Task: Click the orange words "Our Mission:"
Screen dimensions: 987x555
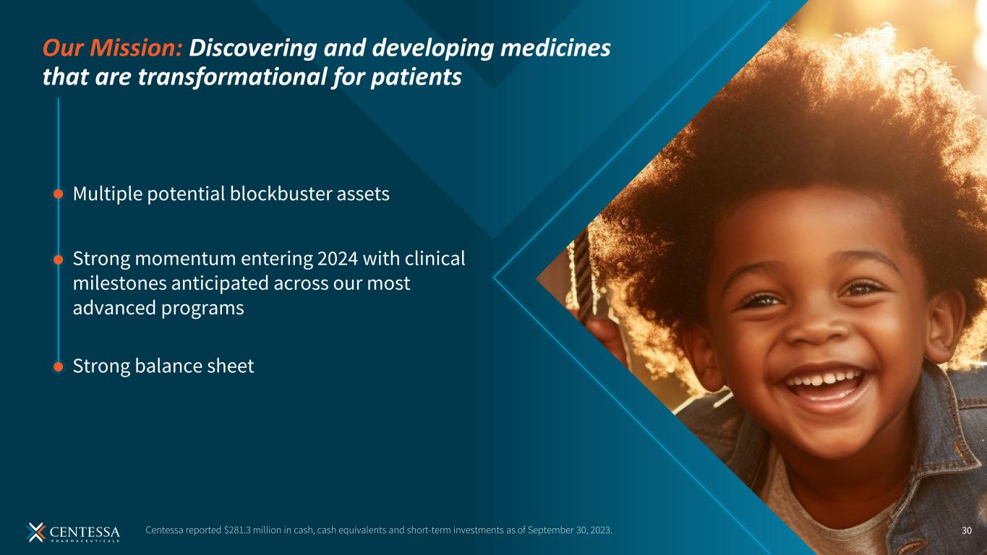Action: pos(112,48)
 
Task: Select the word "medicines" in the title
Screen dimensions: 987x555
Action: pos(555,48)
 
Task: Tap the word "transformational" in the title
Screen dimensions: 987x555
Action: pos(232,77)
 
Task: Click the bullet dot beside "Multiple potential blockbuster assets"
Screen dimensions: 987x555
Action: pos(58,194)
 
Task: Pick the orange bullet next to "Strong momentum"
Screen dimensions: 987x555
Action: pos(58,260)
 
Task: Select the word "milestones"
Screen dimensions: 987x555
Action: pos(119,283)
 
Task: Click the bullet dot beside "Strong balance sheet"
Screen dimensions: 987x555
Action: pos(58,366)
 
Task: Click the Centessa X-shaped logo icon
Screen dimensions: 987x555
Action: pos(35,532)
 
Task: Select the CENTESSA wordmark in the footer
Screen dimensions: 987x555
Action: pos(84,532)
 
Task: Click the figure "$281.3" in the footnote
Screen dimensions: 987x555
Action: pos(237,530)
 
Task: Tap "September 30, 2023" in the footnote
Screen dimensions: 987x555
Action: pos(569,530)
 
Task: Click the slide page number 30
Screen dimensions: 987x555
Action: pos(966,530)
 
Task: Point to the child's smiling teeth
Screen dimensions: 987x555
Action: pos(825,379)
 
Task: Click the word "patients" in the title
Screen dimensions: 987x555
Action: pos(416,77)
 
